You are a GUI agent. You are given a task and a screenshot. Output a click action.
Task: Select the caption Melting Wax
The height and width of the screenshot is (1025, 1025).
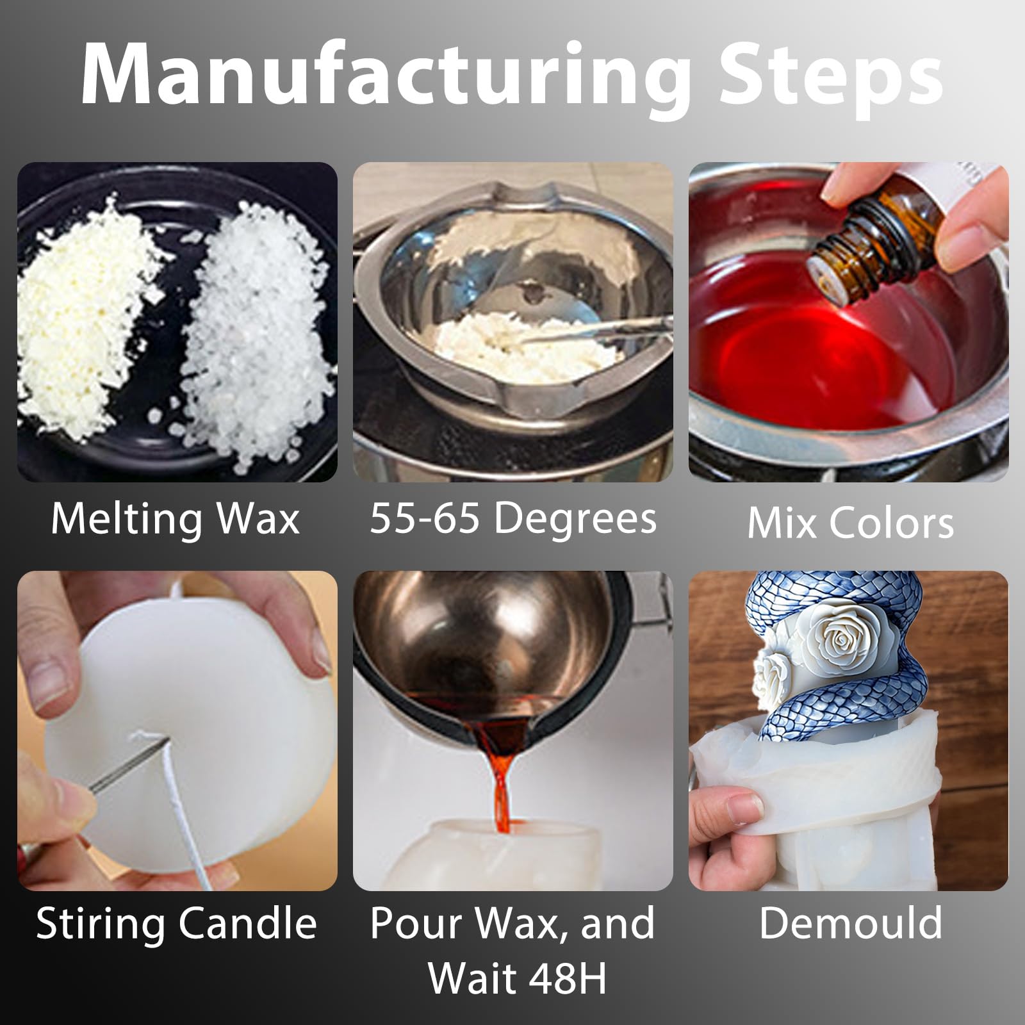[175, 518]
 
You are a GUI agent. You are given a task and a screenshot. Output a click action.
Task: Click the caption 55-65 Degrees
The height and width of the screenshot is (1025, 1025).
[513, 519]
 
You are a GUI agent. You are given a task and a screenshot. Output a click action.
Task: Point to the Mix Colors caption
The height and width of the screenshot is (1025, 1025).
[850, 523]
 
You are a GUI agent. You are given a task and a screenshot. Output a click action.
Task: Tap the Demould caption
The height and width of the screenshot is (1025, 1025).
[850, 922]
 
